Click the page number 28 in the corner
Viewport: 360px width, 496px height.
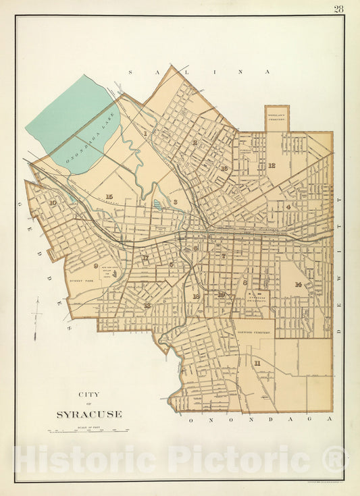(338, 9)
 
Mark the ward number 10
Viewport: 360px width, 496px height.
(52, 202)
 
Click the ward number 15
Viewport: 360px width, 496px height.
(109, 196)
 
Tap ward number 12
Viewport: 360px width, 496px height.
(271, 165)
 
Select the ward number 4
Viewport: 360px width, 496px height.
(288, 206)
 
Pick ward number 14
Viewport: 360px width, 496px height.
(297, 284)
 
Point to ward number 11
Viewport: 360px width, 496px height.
(257, 363)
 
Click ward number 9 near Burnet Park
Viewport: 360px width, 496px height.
(96, 266)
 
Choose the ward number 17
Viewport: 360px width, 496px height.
(145, 258)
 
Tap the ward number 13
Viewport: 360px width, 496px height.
(147, 305)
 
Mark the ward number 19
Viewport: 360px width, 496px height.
(221, 294)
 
